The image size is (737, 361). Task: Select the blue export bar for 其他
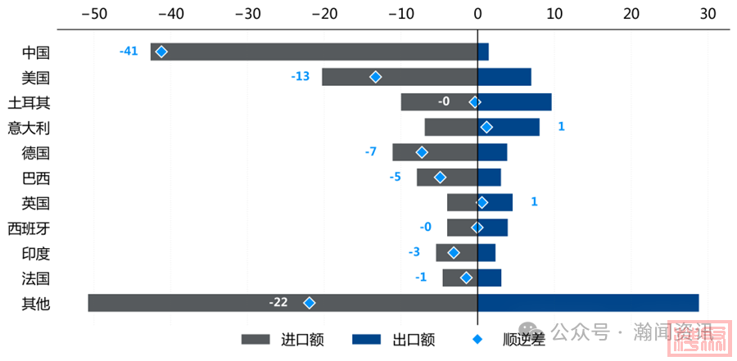point(588,303)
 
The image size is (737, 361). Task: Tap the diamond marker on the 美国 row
point(376,77)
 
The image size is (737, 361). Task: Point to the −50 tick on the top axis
point(95,13)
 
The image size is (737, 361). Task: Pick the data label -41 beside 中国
point(129,51)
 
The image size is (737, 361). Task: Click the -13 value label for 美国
point(301,76)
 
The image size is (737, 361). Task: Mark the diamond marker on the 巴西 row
point(440,177)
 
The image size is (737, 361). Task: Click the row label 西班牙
point(29,228)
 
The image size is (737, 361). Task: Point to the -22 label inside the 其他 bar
point(278,303)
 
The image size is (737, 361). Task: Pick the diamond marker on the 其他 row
point(310,303)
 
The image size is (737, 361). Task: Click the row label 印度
point(36,253)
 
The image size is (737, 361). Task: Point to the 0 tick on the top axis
point(478,13)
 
